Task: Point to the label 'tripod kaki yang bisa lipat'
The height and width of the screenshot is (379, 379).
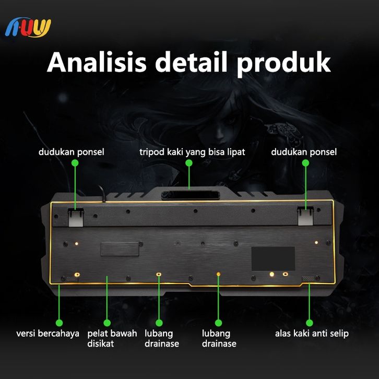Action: pos(192,152)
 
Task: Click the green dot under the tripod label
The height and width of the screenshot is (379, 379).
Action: pos(189,163)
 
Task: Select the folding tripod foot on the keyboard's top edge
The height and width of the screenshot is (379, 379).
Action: pos(188,196)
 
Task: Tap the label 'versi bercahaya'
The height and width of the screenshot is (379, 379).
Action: pos(48,333)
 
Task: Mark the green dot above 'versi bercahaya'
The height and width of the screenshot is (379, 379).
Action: pos(59,323)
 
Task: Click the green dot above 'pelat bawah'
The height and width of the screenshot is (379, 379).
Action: pos(107,323)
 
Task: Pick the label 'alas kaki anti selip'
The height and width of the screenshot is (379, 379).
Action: pos(312,333)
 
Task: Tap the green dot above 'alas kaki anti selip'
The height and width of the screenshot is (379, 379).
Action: pos(308,323)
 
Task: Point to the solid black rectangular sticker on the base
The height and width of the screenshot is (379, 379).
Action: pos(273,258)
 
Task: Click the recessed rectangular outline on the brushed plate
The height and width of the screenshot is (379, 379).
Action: pos(121,248)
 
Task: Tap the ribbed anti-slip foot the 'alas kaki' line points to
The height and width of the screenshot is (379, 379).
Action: pos(309,279)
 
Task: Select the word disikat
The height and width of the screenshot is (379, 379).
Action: pos(100,344)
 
